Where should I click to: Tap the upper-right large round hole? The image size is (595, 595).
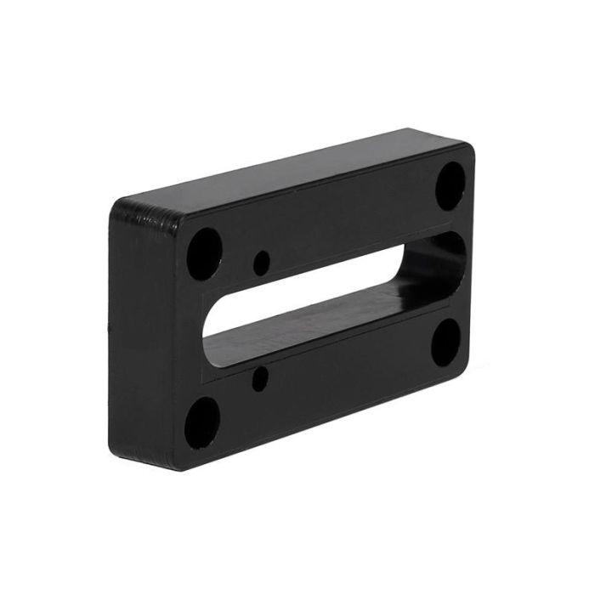click(x=450, y=185)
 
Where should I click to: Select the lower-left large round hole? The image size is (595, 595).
click(x=202, y=421)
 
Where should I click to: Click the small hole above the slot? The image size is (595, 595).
click(x=262, y=260)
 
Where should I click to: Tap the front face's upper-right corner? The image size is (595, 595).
click(x=467, y=153)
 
